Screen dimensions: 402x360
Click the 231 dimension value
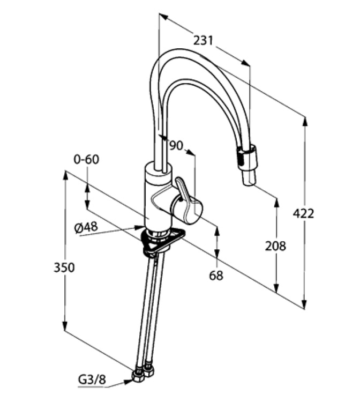click(x=203, y=40)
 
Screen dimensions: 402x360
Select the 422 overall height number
click(x=303, y=213)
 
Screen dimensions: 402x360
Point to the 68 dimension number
click(x=216, y=276)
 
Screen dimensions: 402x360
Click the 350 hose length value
click(x=64, y=267)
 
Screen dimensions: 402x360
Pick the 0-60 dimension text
click(x=87, y=160)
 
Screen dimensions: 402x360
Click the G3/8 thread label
click(x=93, y=381)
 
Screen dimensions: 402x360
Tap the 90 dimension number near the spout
click(x=176, y=145)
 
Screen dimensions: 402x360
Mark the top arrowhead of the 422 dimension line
click(x=304, y=121)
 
